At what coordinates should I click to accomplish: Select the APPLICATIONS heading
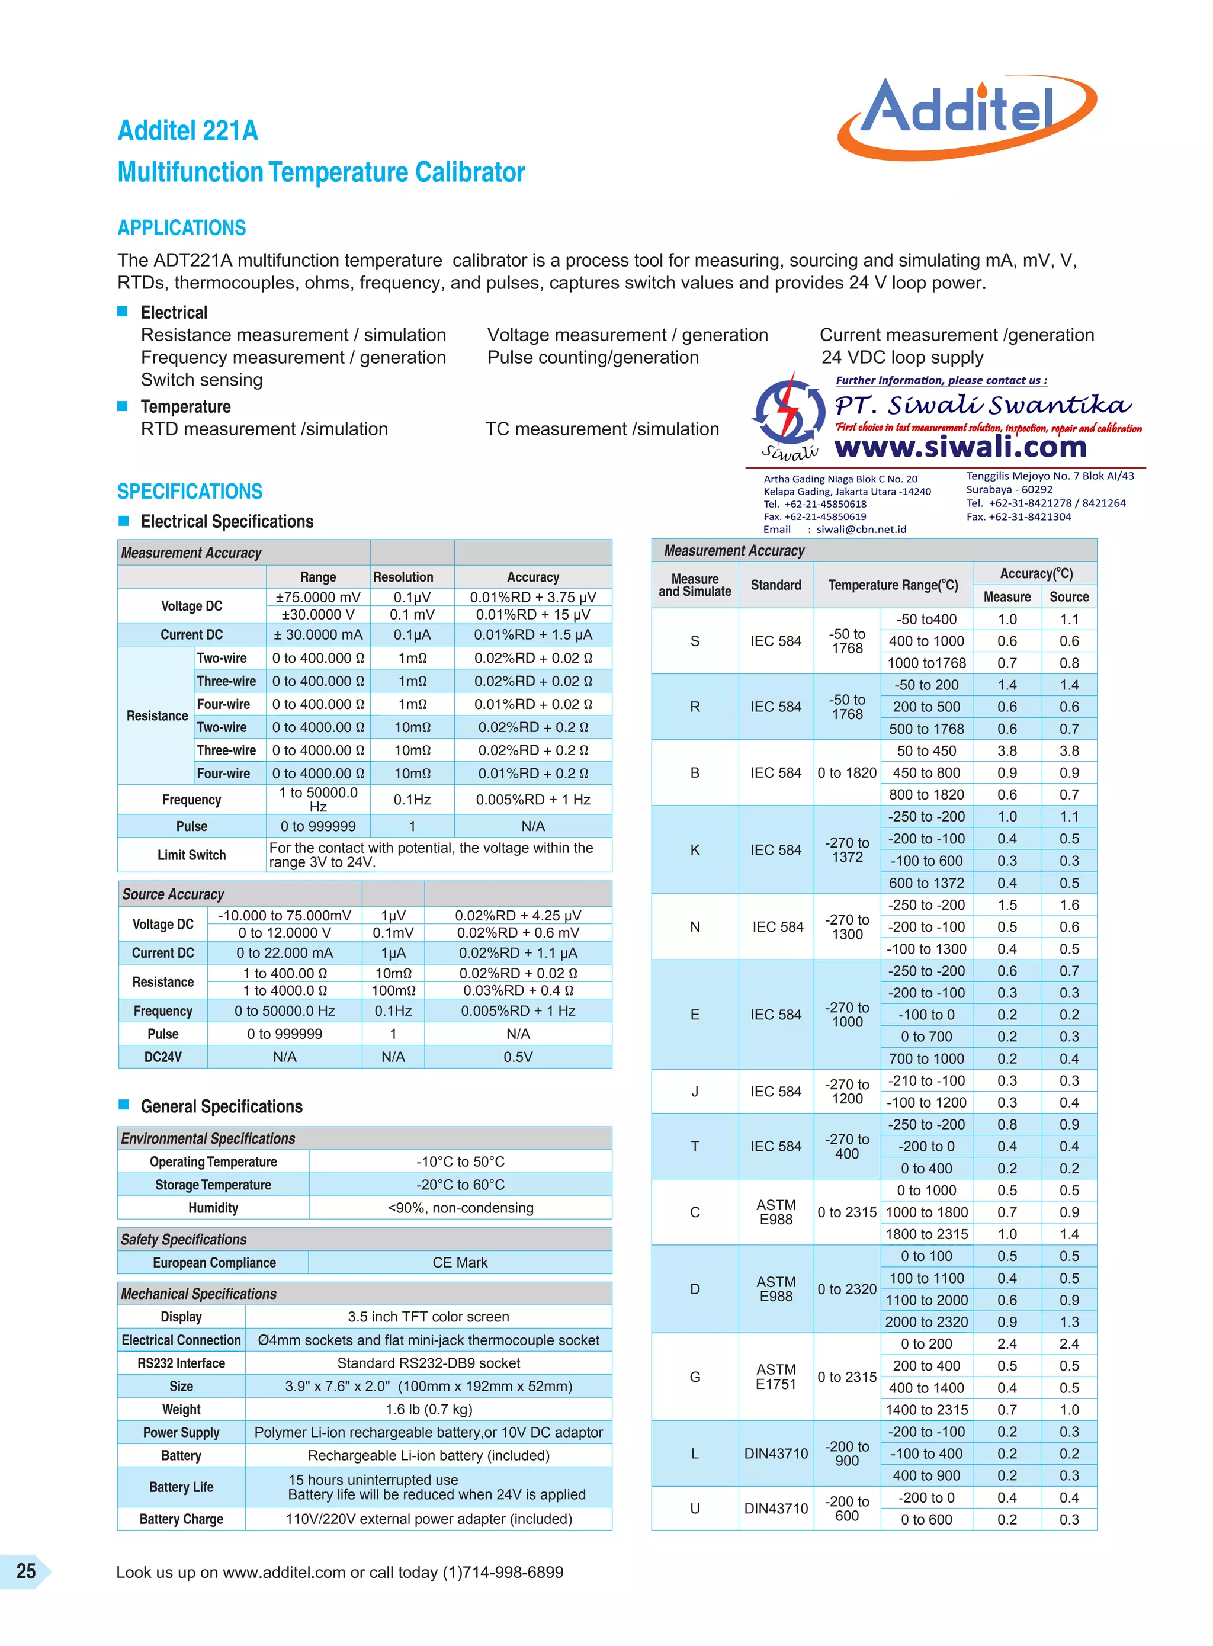coord(181,227)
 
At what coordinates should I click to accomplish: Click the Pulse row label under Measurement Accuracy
coord(192,826)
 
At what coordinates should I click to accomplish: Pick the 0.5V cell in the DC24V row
coord(518,1057)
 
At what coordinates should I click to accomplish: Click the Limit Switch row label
coord(192,855)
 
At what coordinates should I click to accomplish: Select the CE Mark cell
coord(460,1262)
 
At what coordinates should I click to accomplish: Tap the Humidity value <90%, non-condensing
coord(460,1208)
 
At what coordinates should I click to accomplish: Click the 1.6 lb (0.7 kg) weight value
coord(429,1409)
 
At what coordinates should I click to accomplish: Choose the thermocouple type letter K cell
coord(695,849)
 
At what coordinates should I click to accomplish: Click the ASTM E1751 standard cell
coord(775,1377)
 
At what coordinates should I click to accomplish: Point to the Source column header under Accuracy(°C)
coord(1068,597)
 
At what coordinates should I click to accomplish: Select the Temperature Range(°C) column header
coord(893,585)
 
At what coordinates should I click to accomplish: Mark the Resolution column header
coord(403,577)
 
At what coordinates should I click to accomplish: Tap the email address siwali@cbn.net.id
coord(861,530)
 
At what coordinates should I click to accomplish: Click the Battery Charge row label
coord(181,1519)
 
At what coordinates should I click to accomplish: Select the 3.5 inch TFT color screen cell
coord(428,1316)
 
